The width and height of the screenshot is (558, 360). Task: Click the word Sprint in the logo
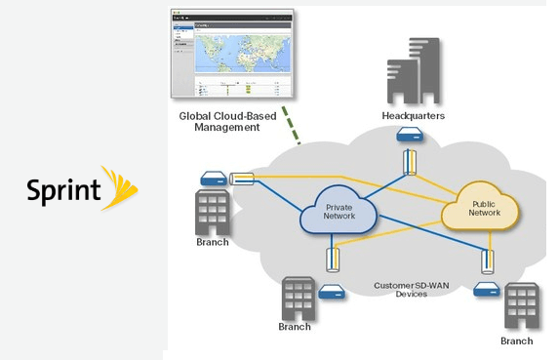[x=64, y=188]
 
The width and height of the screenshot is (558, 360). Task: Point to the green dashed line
[x=290, y=124]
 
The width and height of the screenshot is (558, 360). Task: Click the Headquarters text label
[x=413, y=116]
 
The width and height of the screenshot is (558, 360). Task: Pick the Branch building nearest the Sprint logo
[x=212, y=211]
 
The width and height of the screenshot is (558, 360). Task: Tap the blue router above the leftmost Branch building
[x=212, y=178]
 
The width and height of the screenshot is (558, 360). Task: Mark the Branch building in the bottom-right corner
[x=521, y=306]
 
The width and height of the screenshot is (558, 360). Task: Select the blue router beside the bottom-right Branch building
[x=485, y=290]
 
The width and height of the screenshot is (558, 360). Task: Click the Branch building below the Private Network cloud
[x=299, y=298]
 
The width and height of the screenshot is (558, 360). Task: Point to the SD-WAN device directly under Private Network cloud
[x=334, y=259]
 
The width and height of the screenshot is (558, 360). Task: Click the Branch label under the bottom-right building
[x=516, y=340]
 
